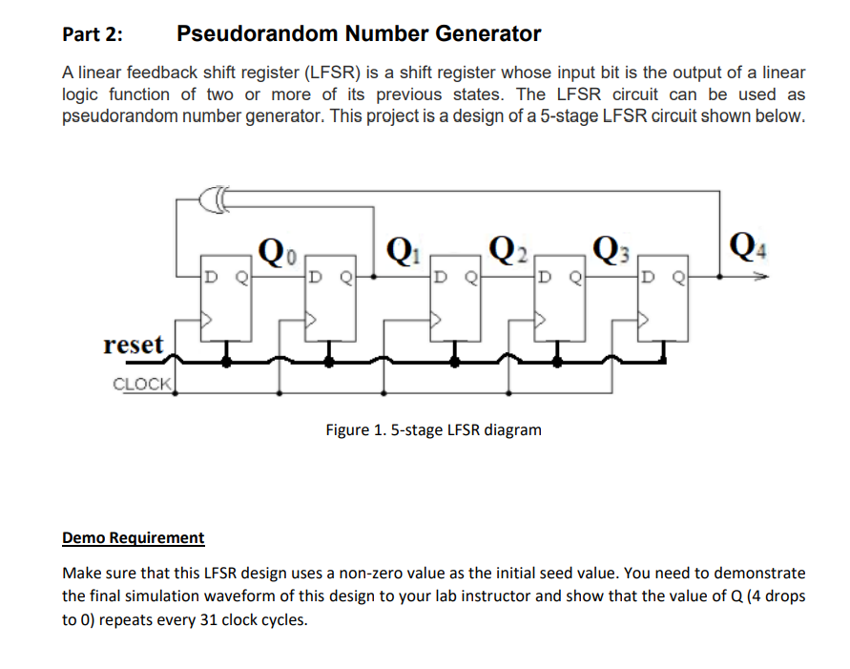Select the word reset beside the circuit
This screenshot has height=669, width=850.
click(134, 345)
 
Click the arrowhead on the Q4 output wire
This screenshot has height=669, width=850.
click(759, 279)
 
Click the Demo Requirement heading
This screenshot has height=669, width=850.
click(133, 537)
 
